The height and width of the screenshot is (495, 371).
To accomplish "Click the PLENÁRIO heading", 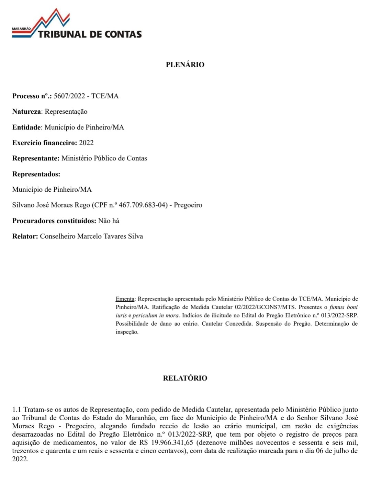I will pyautogui.click(x=185, y=65).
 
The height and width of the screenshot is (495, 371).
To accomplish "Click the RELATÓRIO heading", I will pyautogui.click(x=185, y=378).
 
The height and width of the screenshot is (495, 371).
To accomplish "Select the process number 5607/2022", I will pyautogui.click(x=69, y=96).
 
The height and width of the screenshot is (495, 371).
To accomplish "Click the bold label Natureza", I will pyautogui.click(x=26, y=112).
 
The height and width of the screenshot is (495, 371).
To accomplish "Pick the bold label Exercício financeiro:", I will pyautogui.click(x=45, y=143).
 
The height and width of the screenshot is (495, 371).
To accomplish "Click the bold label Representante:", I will pyautogui.click(x=36, y=158).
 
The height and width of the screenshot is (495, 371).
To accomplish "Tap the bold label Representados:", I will pyautogui.click(x=36, y=174).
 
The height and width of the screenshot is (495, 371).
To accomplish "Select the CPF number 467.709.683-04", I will pyautogui.click(x=143, y=205).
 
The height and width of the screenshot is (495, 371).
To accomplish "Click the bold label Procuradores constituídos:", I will pyautogui.click(x=54, y=221).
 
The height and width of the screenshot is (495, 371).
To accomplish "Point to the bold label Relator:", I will pyautogui.click(x=25, y=236).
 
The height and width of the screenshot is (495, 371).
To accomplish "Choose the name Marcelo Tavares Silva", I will pyautogui.click(x=110, y=236).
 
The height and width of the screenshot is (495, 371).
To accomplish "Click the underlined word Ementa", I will pyautogui.click(x=125, y=299).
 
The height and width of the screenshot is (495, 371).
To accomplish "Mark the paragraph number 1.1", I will pyautogui.click(x=16, y=409).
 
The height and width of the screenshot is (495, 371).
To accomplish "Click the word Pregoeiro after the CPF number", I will pyautogui.click(x=188, y=205).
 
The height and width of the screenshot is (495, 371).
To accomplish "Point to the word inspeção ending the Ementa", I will pyautogui.click(x=127, y=332).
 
